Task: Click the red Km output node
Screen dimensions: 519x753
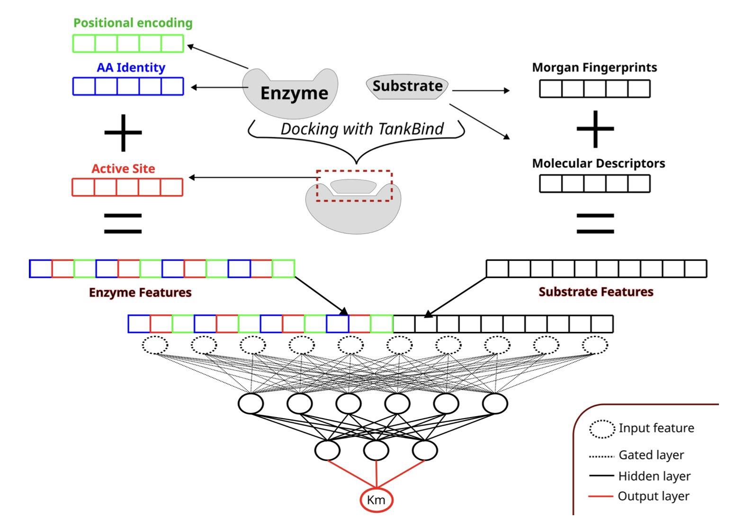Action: [376, 500]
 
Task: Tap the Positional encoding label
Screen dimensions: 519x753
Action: [133, 23]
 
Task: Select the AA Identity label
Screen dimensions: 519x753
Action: [131, 67]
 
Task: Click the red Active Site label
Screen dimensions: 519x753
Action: [123, 169]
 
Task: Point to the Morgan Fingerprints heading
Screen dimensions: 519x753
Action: [594, 67]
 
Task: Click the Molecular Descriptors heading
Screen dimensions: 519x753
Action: [599, 163]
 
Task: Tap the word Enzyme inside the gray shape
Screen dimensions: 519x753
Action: [294, 93]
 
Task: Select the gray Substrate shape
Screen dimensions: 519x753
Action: [407, 86]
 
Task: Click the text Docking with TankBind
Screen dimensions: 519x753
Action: [362, 129]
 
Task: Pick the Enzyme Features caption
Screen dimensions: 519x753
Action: [140, 292]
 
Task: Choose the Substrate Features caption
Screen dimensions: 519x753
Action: [596, 292]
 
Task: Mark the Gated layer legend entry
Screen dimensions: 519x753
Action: [651, 455]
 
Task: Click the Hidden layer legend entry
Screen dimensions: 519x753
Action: [654, 476]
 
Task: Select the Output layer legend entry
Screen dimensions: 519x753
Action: [654, 496]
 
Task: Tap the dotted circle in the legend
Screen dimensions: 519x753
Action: [602, 429]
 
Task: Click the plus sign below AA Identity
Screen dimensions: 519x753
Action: [123, 133]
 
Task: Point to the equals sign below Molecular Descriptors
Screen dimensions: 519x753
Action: [595, 224]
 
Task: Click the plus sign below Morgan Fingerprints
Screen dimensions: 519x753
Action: [595, 129]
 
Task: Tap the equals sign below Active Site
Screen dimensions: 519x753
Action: [123, 224]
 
